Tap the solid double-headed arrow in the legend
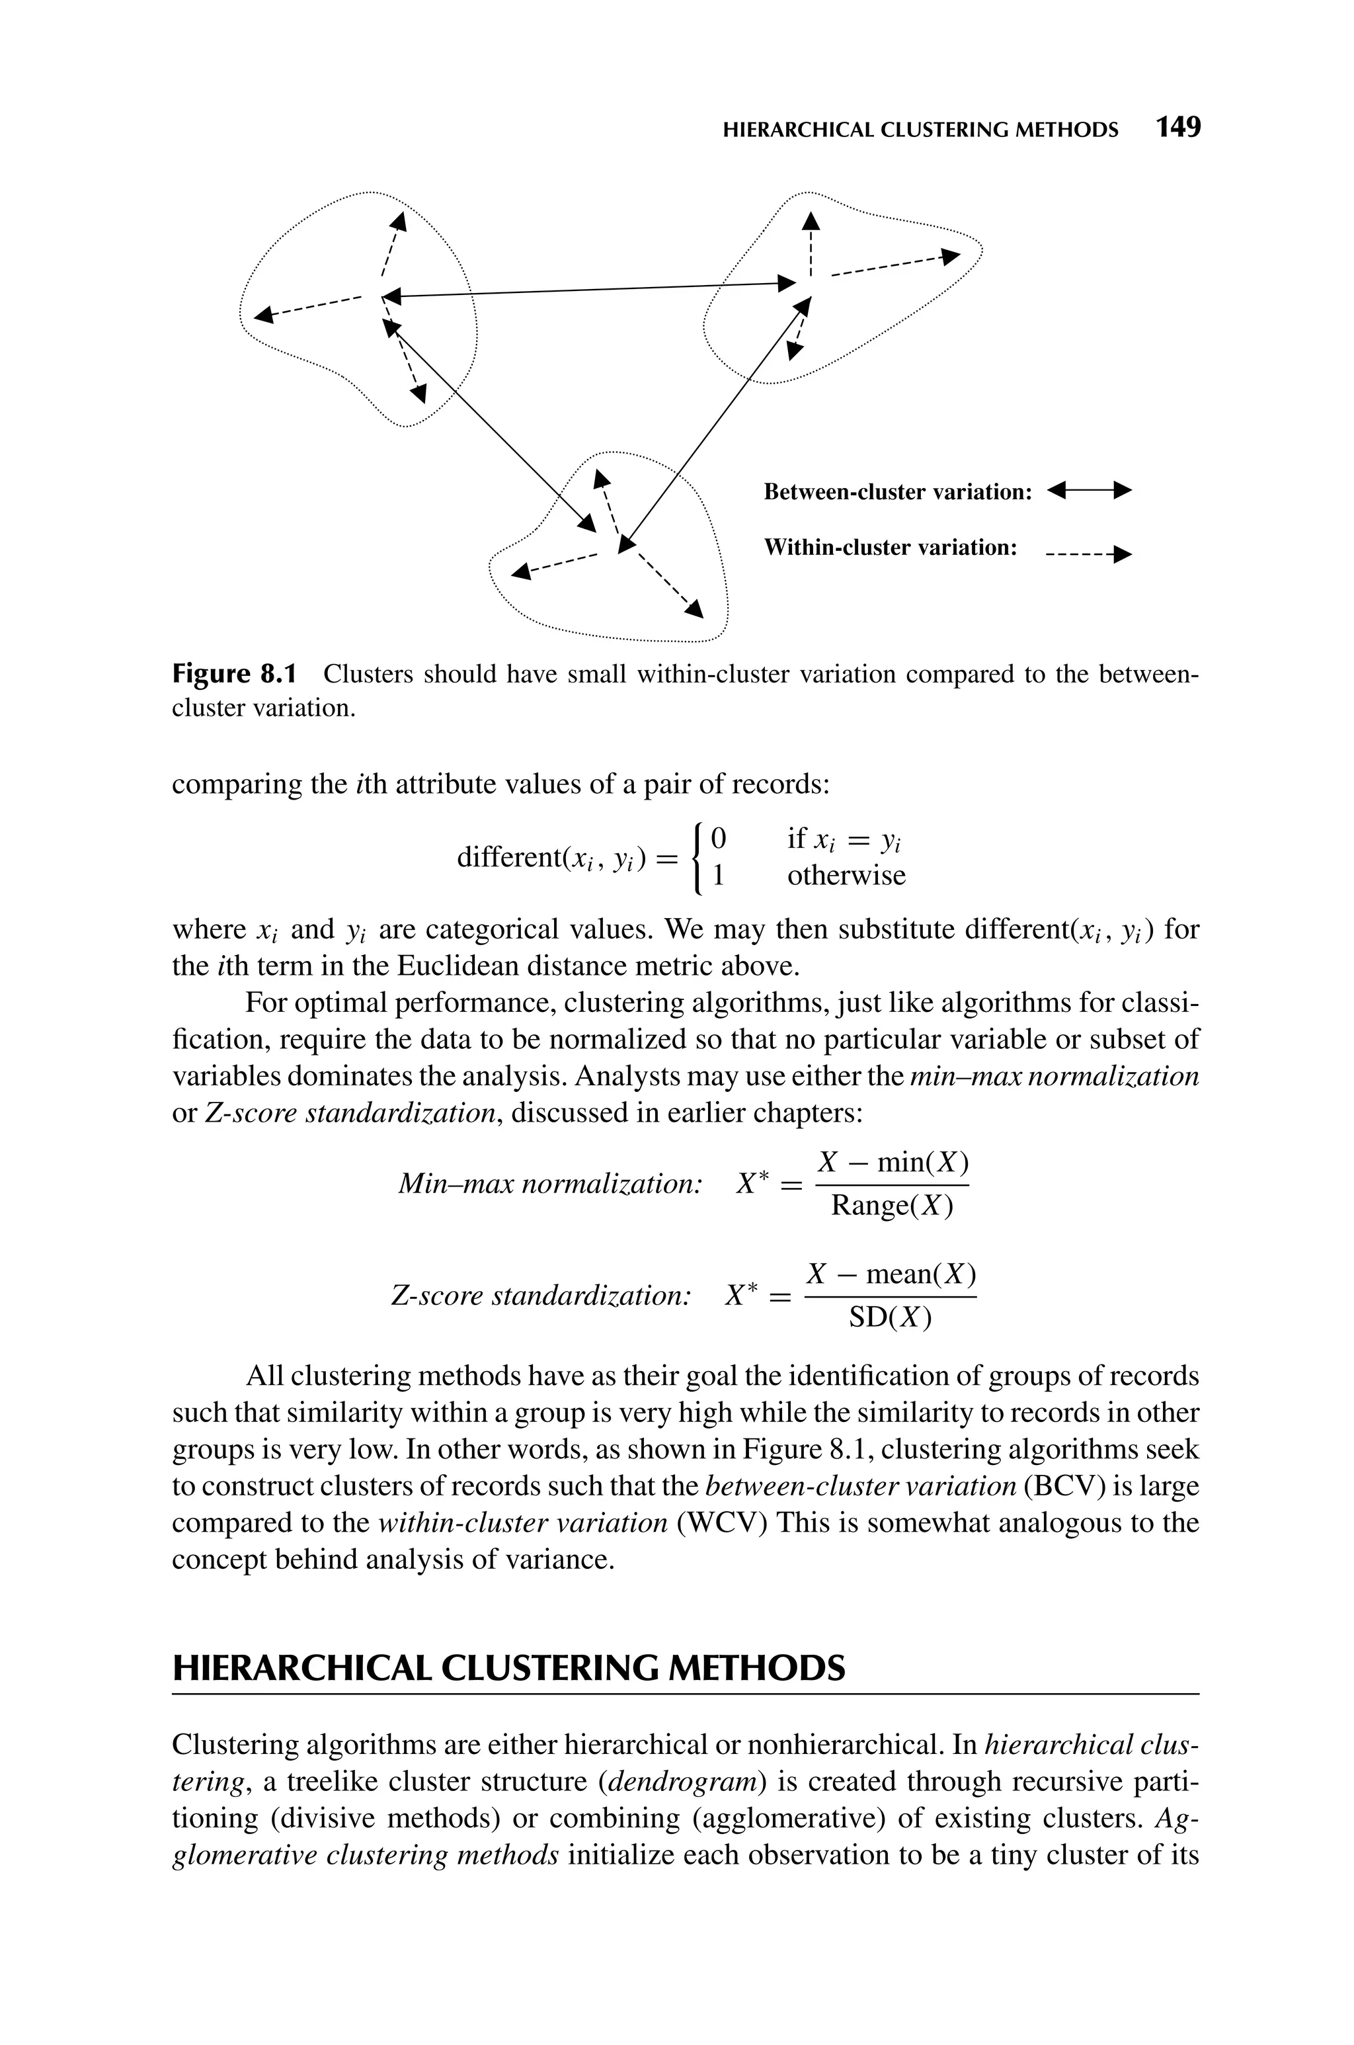pos(1088,491)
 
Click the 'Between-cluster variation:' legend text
pos(898,492)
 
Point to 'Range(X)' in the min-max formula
pos(892,1206)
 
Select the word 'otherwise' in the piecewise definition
pos(846,876)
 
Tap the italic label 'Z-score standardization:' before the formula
pos(541,1296)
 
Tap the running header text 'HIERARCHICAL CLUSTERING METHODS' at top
pos(920,130)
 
